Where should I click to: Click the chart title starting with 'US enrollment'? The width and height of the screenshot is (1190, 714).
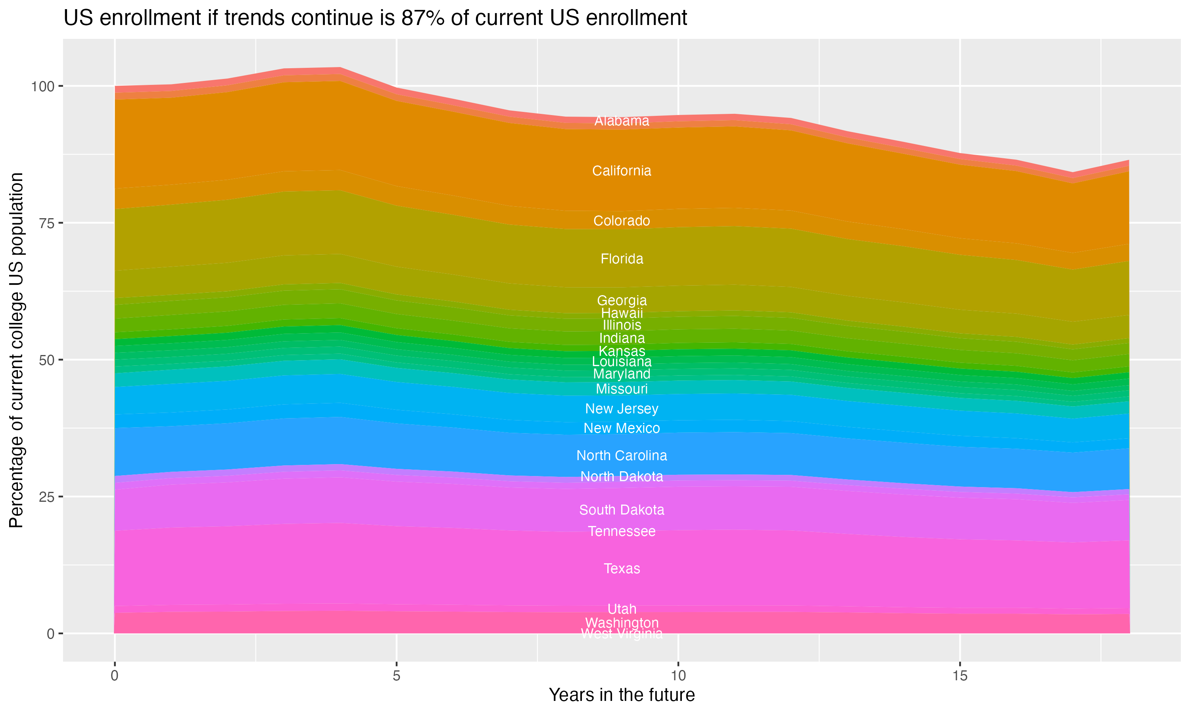[375, 18]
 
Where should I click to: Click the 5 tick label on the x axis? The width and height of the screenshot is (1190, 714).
[396, 676]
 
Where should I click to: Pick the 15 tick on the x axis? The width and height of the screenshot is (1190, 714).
[960, 676]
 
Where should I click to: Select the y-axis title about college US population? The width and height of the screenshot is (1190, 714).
[16, 350]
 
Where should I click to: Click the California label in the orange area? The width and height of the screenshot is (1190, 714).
[622, 171]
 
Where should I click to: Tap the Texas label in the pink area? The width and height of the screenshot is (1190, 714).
[622, 569]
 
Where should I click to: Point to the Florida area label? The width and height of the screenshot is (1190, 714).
[622, 259]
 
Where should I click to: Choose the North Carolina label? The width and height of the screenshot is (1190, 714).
[622, 456]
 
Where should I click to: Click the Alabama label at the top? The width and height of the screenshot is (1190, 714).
[622, 121]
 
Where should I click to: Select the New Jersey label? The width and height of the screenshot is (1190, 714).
[622, 409]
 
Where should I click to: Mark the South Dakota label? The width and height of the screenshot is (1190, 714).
[622, 510]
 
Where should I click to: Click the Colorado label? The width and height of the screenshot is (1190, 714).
[622, 221]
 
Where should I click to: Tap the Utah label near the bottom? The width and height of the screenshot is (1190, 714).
[622, 609]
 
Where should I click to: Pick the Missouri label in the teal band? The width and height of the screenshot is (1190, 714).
[622, 389]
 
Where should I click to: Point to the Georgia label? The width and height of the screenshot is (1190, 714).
[622, 301]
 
